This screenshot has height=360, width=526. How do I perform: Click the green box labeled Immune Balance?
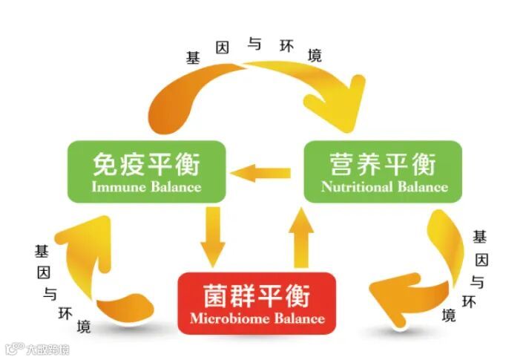(146, 171)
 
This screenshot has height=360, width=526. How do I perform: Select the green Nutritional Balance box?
(383, 171)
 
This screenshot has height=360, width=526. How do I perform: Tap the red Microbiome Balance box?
(257, 303)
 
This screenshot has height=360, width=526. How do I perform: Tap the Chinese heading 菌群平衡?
(257, 293)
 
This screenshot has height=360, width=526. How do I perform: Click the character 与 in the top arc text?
(254, 45)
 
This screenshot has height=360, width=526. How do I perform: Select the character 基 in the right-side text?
(480, 238)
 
